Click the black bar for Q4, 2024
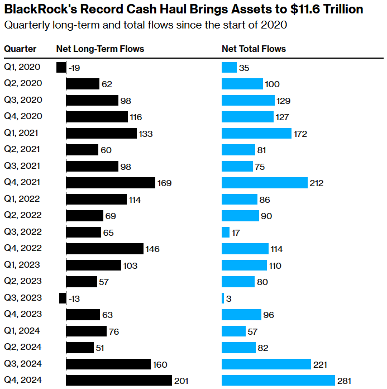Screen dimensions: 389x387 pyautogui.click(x=119, y=381)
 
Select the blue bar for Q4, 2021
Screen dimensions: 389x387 pyautogui.click(x=265, y=182)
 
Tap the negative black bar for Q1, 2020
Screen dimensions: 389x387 pyautogui.click(x=61, y=68)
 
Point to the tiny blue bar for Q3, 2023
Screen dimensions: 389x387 pyautogui.click(x=223, y=298)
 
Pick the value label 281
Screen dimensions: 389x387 pyautogui.click(x=345, y=381)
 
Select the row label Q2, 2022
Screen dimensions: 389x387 pyautogui.click(x=22, y=215)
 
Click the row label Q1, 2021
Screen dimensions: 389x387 pyautogui.click(x=22, y=133)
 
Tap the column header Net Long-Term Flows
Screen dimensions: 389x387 pyautogui.click(x=100, y=49)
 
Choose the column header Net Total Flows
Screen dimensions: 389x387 pyautogui.click(x=254, y=49)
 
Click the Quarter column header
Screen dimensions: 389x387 pyautogui.click(x=20, y=49)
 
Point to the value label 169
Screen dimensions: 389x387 pyautogui.click(x=164, y=183)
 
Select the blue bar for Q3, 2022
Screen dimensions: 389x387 pyautogui.click(x=226, y=232)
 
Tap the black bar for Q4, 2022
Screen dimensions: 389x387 pyautogui.click(x=105, y=249)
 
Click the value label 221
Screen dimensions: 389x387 pyautogui.click(x=320, y=364)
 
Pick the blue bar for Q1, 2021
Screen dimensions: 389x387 pyautogui.click(x=256, y=133)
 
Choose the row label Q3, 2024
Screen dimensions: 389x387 pyautogui.click(x=22, y=364)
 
